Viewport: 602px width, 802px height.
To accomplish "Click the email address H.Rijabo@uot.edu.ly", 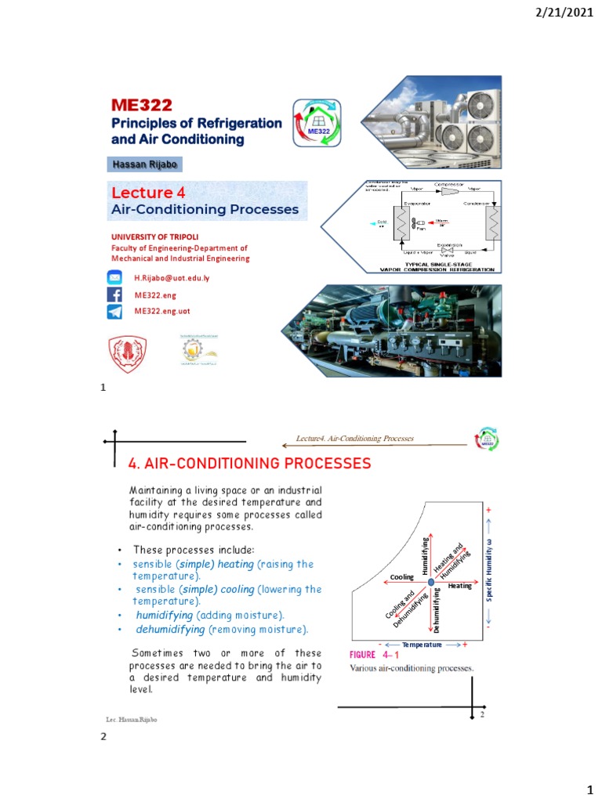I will pyautogui.click(x=172, y=278).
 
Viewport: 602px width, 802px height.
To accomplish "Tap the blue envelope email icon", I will pyautogui.click(x=114, y=278).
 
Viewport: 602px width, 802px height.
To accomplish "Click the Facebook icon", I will pyautogui.click(x=114, y=294).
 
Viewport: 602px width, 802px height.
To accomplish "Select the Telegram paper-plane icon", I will pyautogui.click(x=114, y=312).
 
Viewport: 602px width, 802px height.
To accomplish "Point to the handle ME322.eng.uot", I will pyautogui.click(x=162, y=311).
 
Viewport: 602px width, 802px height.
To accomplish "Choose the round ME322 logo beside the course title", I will pyautogui.click(x=317, y=123).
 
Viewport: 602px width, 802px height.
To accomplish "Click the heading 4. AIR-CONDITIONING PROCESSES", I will pyautogui.click(x=249, y=464).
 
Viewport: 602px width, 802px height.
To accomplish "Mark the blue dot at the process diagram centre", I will pyautogui.click(x=430, y=580).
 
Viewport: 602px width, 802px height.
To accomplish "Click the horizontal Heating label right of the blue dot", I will pyautogui.click(x=460, y=586).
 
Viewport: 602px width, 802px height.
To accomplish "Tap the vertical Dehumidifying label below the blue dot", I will pyautogui.click(x=437, y=611).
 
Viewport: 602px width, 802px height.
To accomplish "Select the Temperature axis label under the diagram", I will pyautogui.click(x=422, y=645).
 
